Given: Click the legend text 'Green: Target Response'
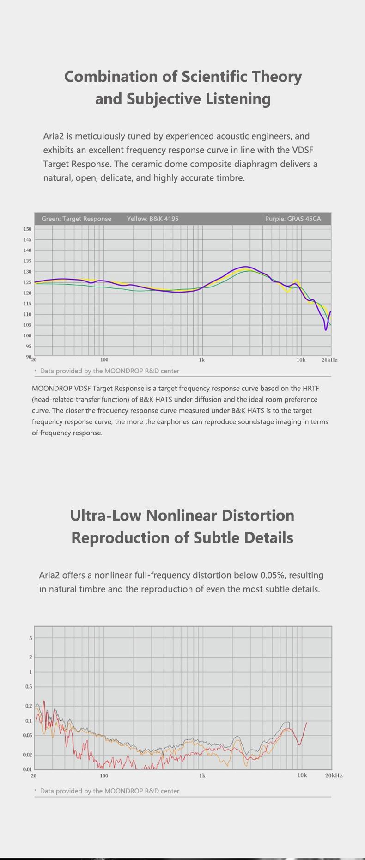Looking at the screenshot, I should point(76,219).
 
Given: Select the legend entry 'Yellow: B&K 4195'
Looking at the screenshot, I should point(152,219).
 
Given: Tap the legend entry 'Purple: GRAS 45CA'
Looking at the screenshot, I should point(293,219).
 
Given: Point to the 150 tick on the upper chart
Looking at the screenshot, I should point(27,229).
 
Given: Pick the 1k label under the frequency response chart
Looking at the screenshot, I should point(201,360).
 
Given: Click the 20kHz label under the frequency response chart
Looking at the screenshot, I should point(329,360).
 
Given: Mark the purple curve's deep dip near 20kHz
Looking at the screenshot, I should point(326,329).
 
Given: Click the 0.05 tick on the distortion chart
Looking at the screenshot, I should point(28,735).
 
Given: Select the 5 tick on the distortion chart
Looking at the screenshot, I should point(31,638).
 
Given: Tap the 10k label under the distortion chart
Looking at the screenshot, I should point(302,775).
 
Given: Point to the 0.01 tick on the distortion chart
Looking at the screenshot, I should point(28,769).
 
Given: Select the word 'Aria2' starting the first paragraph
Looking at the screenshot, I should point(53,136).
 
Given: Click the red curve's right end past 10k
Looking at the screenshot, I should point(307,722).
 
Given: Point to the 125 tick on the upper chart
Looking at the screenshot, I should point(27,282).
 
